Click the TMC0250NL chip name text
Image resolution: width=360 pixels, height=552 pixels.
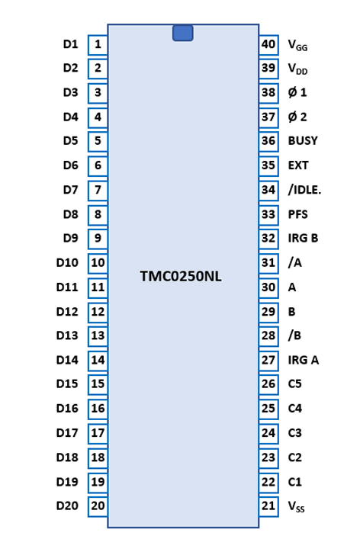click(181, 276)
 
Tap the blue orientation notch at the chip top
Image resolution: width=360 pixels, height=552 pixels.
click(183, 33)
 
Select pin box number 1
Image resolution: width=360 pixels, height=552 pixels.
click(98, 45)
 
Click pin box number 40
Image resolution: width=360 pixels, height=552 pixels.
click(268, 45)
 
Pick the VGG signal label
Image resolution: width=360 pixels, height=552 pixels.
click(297, 46)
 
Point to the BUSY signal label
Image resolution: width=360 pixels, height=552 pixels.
click(303, 141)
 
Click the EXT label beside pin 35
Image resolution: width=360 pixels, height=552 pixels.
click(298, 165)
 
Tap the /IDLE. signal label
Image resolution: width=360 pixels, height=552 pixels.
click(304, 190)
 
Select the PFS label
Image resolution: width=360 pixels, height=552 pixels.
click(298, 214)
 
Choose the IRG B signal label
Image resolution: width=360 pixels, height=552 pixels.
click(304, 239)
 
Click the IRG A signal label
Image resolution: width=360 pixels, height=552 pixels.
click(304, 360)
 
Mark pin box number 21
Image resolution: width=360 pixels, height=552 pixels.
click(268, 506)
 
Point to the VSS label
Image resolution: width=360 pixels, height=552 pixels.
click(296, 507)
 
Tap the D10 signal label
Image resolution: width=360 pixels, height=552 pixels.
click(67, 263)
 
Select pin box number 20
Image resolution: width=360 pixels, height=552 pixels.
click(98, 506)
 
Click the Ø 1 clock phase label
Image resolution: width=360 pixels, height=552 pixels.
click(297, 92)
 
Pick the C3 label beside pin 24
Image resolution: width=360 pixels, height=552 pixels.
click(295, 433)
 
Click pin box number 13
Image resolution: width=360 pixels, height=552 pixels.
click(98, 335)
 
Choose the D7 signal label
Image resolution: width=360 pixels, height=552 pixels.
click(70, 190)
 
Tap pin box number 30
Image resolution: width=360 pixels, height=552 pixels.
click(268, 287)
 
